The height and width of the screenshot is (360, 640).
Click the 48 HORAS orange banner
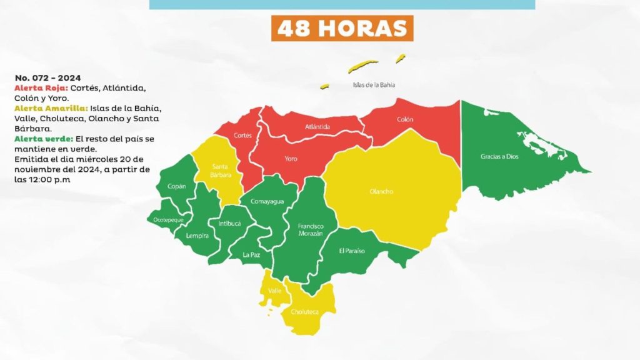(x=342, y=28)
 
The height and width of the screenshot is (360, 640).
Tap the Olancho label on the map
(x=381, y=192)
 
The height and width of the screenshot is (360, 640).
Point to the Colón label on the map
(x=405, y=119)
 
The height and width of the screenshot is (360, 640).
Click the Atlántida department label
(x=317, y=127)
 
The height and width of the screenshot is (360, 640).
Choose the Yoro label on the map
(x=291, y=159)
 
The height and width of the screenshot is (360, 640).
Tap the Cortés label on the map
(x=242, y=135)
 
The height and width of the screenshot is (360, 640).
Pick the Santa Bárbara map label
(x=221, y=171)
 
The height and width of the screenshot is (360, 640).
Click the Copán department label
(x=176, y=186)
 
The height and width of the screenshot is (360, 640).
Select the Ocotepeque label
(x=168, y=220)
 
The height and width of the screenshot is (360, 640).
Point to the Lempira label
(x=197, y=236)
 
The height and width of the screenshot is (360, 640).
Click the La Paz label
(x=251, y=254)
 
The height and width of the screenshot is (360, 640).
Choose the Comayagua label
(x=267, y=201)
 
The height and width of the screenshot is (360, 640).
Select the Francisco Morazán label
(x=310, y=229)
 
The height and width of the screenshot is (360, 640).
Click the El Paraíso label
(x=352, y=251)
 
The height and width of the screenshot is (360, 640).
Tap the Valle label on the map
(x=274, y=291)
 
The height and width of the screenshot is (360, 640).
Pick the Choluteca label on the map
(x=304, y=311)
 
